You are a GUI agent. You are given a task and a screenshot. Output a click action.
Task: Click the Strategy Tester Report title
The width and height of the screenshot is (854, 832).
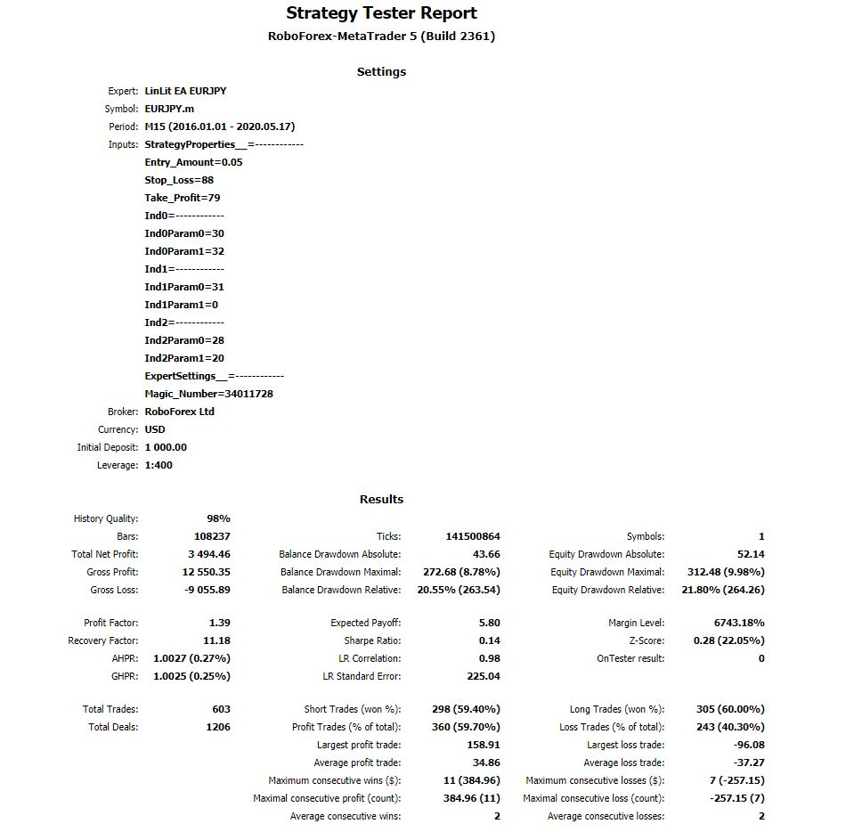click(x=381, y=13)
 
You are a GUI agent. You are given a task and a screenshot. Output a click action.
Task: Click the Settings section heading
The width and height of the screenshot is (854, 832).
click(x=381, y=72)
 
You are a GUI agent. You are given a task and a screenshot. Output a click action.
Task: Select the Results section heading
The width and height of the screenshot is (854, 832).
click(x=381, y=500)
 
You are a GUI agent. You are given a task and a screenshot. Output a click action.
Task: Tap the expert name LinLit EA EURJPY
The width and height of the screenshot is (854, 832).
click(x=185, y=91)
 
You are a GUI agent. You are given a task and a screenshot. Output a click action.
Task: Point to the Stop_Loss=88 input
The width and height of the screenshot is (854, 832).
click(x=179, y=180)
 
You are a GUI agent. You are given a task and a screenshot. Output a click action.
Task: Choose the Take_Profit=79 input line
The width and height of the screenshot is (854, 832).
click(x=183, y=198)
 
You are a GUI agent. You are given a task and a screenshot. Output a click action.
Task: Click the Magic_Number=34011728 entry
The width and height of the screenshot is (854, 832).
click(x=208, y=394)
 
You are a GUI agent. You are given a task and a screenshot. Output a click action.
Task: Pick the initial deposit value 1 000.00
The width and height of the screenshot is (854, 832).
click(x=166, y=447)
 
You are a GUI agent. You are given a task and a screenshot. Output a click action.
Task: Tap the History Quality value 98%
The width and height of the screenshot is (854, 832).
click(x=218, y=518)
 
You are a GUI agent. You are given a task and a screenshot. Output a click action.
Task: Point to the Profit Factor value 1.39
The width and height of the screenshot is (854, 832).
click(x=219, y=623)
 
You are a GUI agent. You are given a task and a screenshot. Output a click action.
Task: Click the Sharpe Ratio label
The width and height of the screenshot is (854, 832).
click(x=372, y=640)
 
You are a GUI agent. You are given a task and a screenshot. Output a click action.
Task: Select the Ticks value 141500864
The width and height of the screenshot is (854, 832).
click(x=473, y=536)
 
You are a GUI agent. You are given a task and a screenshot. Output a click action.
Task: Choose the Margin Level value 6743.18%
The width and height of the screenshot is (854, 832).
click(x=739, y=623)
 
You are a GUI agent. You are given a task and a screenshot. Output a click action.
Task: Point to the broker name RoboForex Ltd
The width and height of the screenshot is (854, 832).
click(x=179, y=412)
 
